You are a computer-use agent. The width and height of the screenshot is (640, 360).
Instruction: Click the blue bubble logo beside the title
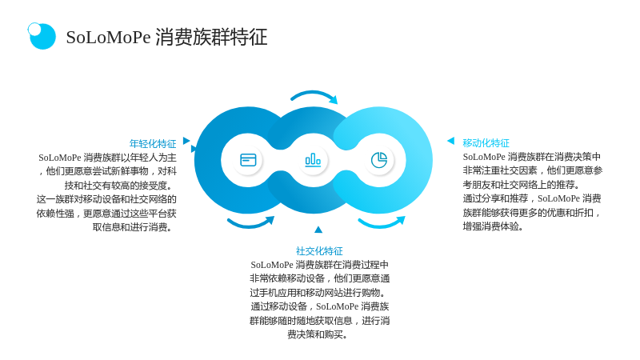tap(42, 36)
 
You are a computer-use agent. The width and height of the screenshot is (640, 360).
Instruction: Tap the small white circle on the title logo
tap(34, 29)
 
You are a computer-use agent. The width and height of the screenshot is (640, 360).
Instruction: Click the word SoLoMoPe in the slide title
tap(109, 37)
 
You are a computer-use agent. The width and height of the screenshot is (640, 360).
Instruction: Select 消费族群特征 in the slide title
tap(211, 37)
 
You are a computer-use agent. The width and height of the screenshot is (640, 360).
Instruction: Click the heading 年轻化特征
tap(153, 144)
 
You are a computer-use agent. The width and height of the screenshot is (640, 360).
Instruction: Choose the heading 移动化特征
tap(486, 143)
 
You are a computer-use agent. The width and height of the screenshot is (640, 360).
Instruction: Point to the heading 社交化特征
tap(319, 250)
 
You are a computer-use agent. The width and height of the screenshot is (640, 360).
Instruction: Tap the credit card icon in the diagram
tap(248, 160)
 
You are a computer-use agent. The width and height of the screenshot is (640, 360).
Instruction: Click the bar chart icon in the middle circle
tap(313, 159)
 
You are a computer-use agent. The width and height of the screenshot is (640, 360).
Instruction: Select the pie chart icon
tap(379, 160)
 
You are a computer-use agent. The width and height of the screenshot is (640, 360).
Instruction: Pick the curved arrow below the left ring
tap(250, 223)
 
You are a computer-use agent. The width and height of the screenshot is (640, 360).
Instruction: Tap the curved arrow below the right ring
tap(382, 223)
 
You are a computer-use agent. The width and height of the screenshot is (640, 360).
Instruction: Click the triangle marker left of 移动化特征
tap(451, 141)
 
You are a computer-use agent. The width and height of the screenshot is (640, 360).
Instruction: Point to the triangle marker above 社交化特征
tap(318, 230)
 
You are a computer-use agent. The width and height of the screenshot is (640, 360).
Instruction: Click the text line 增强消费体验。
tap(493, 226)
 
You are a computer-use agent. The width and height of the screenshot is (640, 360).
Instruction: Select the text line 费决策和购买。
tap(318, 334)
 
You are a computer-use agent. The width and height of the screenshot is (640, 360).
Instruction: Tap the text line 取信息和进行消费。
tap(132, 227)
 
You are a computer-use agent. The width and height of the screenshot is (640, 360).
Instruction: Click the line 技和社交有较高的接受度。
tap(118, 186)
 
